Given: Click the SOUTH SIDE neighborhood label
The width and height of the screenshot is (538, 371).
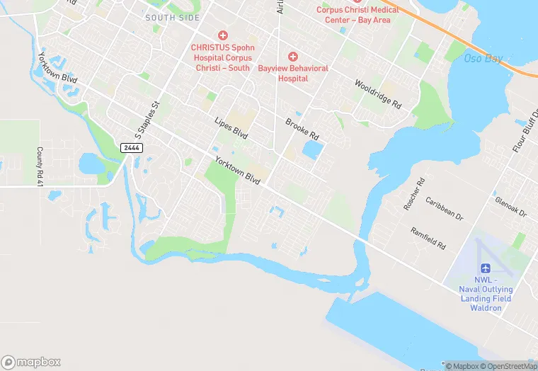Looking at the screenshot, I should pyautogui.click(x=172, y=17).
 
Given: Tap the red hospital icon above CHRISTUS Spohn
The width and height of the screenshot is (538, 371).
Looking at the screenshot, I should pyautogui.click(x=222, y=35).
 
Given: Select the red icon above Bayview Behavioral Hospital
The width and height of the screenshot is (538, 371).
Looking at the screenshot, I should pyautogui.click(x=292, y=56).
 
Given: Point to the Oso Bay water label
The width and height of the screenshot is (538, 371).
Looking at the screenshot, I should pyautogui.click(x=483, y=58).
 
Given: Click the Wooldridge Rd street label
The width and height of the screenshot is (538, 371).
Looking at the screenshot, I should pyautogui.click(x=378, y=93).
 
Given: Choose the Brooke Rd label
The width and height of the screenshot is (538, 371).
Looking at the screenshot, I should pyautogui.click(x=302, y=128).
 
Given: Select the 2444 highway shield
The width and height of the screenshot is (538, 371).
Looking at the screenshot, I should pyautogui.click(x=130, y=147).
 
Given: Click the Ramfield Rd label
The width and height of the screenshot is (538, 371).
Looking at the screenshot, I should pyautogui.click(x=428, y=238).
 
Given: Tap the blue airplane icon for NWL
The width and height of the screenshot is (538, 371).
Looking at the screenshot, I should pyautogui.click(x=486, y=268).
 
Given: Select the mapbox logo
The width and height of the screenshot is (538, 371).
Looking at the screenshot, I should pyautogui.click(x=32, y=362).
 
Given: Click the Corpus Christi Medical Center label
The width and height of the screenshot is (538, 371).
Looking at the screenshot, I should pyautogui.click(x=357, y=15).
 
